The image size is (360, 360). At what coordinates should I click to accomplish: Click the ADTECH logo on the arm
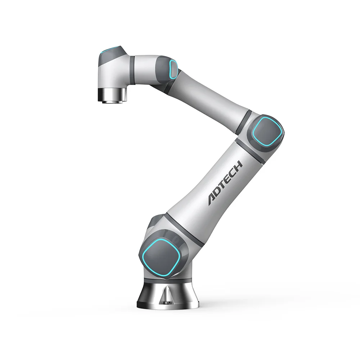click(x=225, y=183)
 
